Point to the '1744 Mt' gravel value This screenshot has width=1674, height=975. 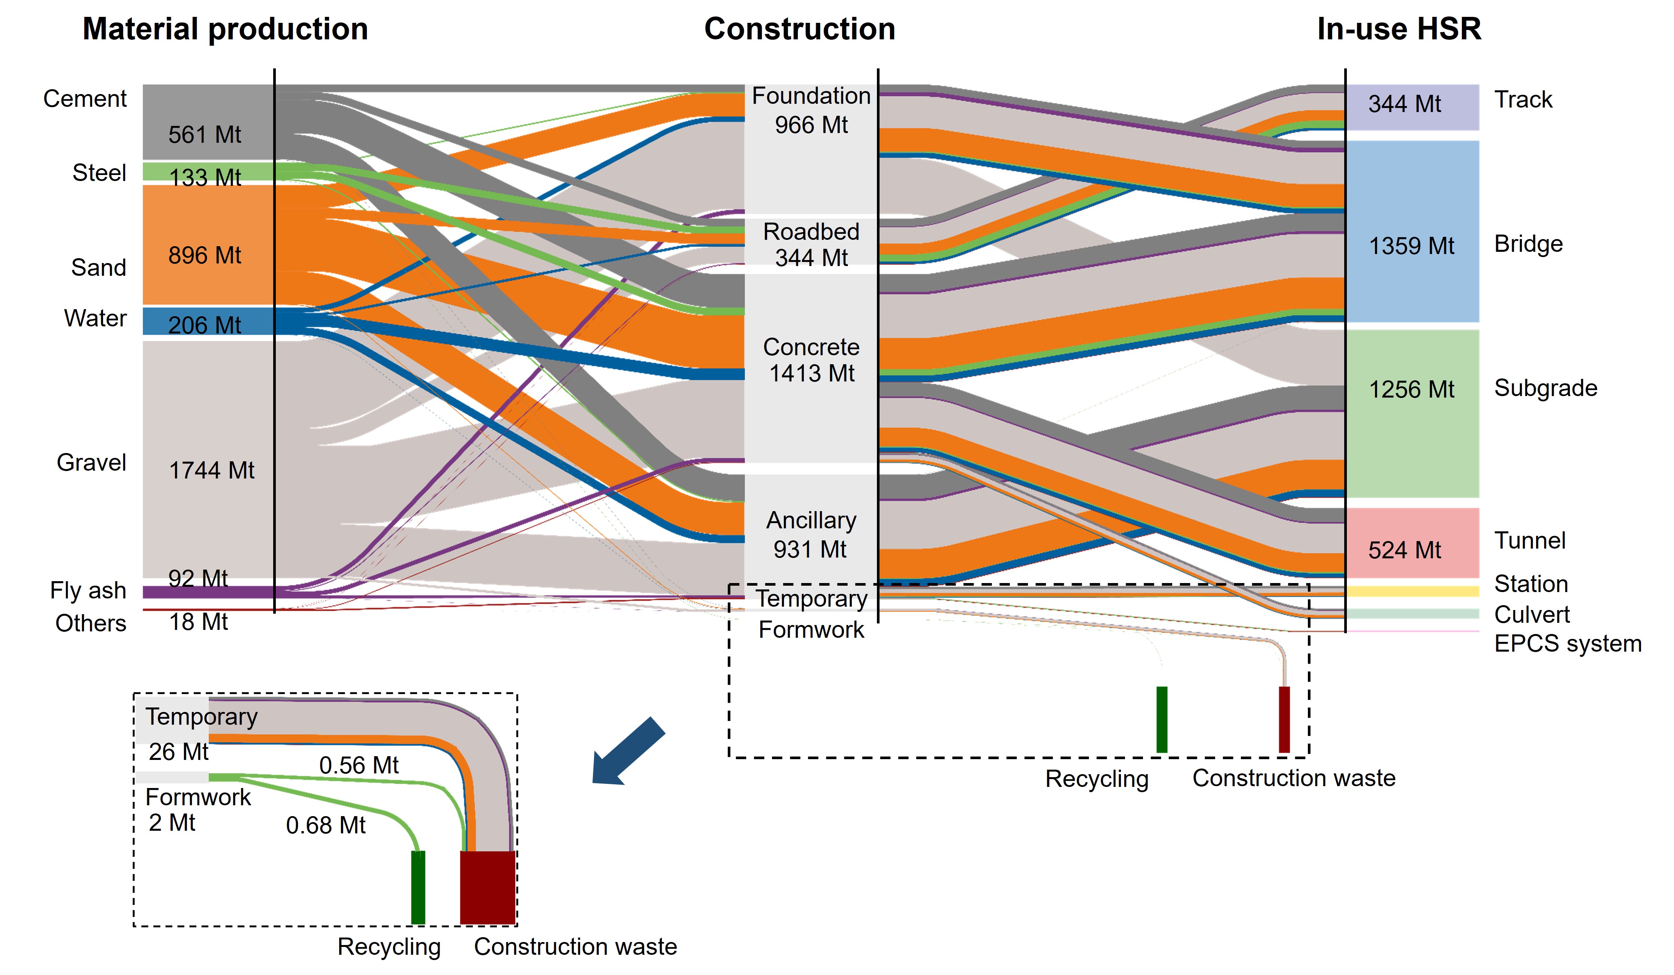(x=211, y=470)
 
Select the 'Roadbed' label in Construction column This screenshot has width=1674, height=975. (x=811, y=232)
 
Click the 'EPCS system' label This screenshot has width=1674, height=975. (x=1567, y=644)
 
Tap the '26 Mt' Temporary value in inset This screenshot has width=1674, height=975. (x=178, y=752)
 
